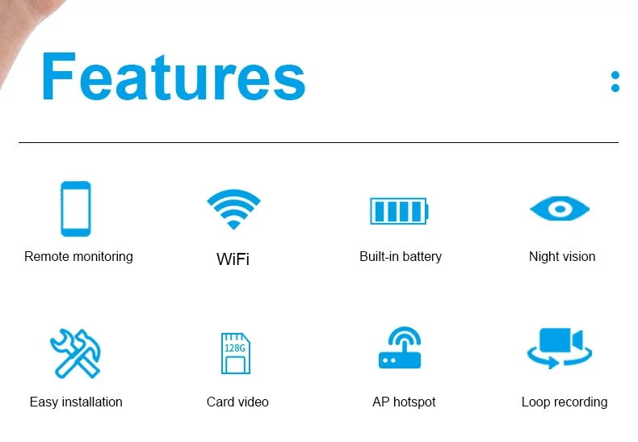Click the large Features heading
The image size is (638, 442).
click(x=174, y=76)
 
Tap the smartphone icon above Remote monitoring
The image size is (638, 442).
click(x=76, y=208)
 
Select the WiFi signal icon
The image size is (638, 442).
click(x=233, y=208)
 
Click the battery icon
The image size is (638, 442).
click(x=399, y=211)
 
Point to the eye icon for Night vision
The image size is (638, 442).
click(x=560, y=208)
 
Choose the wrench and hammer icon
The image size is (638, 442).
click(x=76, y=353)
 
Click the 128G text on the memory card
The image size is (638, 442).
click(x=235, y=348)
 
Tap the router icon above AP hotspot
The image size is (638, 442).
click(x=401, y=347)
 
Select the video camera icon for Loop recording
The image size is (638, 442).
click(x=560, y=348)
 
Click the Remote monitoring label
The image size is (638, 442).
click(x=78, y=257)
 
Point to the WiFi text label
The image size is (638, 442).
click(x=233, y=259)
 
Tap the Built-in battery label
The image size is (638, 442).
click(x=401, y=257)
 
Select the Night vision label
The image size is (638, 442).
click(x=562, y=257)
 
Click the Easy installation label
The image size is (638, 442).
click(x=76, y=402)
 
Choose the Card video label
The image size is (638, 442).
click(x=237, y=402)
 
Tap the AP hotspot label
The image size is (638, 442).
click(x=404, y=402)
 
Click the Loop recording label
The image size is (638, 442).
click(x=565, y=402)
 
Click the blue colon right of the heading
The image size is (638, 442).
click(x=615, y=82)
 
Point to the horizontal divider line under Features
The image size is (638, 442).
click(x=318, y=142)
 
